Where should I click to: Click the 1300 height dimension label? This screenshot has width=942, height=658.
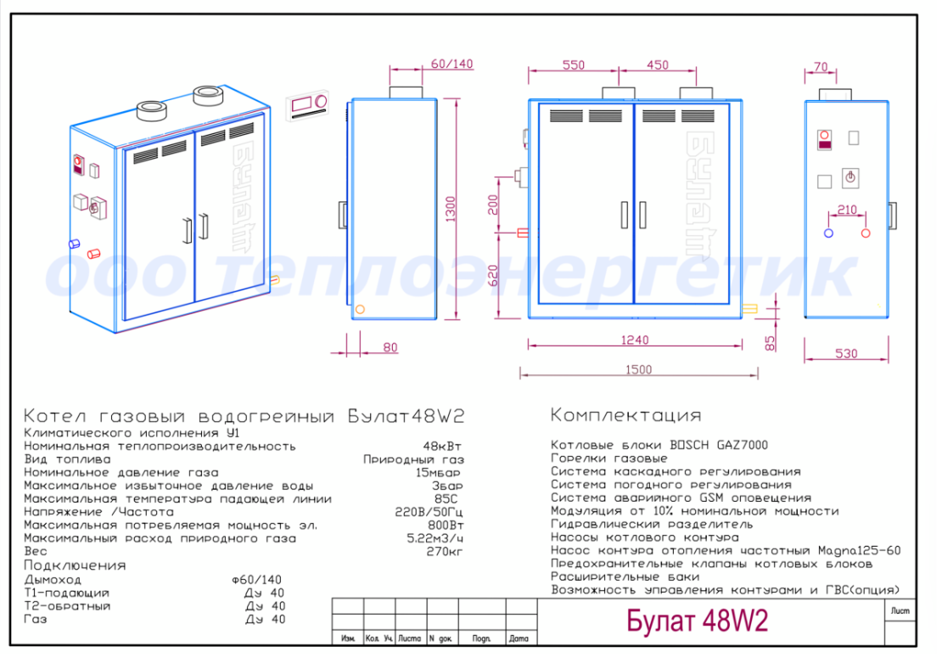[451, 209]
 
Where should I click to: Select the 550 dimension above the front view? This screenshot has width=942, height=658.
[573, 65]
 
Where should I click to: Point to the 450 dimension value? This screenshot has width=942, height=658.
[657, 65]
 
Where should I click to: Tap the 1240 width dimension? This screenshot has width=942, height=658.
[635, 340]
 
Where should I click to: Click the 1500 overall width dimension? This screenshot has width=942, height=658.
[638, 369]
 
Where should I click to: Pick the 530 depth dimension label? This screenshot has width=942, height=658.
[846, 353]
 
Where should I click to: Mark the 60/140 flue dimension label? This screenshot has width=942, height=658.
[451, 64]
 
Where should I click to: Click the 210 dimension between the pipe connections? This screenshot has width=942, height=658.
[847, 210]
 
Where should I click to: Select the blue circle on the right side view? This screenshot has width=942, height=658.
[828, 233]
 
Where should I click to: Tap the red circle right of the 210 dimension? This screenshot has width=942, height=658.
[866, 233]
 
